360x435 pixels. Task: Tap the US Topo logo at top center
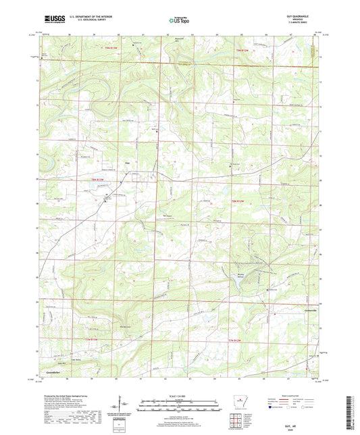(x=179, y=21)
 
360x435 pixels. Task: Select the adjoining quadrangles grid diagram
(x=235, y=423)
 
